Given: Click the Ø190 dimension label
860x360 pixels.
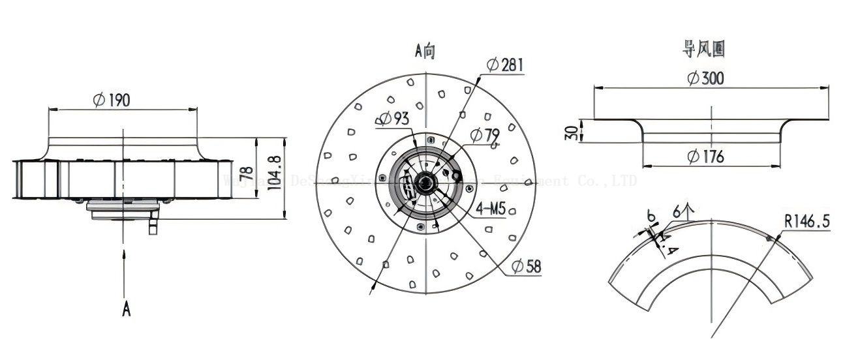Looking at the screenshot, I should pyautogui.click(x=112, y=100).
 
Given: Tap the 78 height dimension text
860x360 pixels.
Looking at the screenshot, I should pyautogui.click(x=246, y=173).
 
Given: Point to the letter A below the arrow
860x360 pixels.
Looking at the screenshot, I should pyautogui.click(x=126, y=308).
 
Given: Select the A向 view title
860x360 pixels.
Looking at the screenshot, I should pyautogui.click(x=425, y=51).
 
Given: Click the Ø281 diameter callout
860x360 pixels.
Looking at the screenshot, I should pyautogui.click(x=504, y=65).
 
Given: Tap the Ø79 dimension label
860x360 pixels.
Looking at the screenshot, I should pyautogui.click(x=485, y=136).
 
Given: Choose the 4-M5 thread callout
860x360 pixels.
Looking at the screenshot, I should pyautogui.click(x=491, y=210).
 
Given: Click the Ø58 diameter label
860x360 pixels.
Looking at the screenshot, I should pyautogui.click(x=526, y=266).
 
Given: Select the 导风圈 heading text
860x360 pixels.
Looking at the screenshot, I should pyautogui.click(x=704, y=48).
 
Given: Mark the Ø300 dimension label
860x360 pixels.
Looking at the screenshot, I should pyautogui.click(x=705, y=78).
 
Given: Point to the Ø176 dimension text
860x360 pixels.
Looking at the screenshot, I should pyautogui.click(x=705, y=157).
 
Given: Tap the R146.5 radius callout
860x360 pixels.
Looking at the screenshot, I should pyautogui.click(x=806, y=222).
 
